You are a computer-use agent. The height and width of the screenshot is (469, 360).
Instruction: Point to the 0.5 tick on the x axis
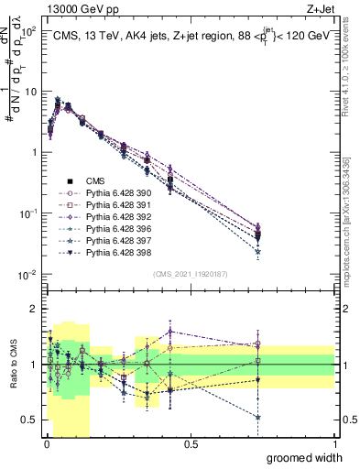tap(191, 444)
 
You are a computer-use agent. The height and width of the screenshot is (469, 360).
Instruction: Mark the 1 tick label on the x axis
tap(334, 444)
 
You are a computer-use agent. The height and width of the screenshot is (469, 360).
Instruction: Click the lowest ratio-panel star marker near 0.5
tap(257, 417)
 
